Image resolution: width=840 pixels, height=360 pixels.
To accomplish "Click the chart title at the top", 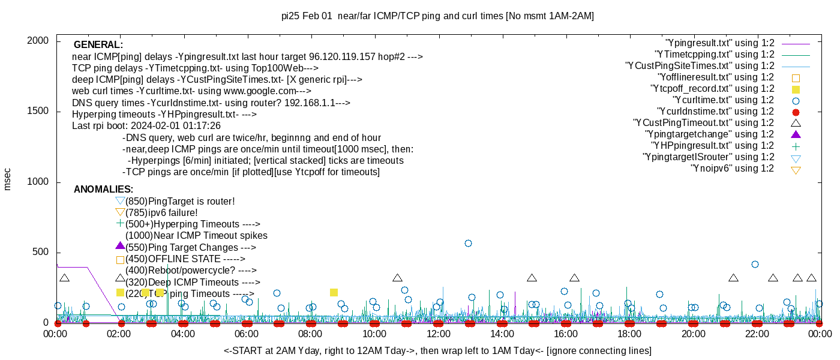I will [x=437, y=16].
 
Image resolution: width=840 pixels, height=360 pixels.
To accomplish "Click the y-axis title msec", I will [x=8, y=178].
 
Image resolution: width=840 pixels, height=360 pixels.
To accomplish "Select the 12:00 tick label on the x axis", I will [x=438, y=333].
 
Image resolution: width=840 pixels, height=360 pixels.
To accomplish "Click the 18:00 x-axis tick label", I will [x=629, y=333].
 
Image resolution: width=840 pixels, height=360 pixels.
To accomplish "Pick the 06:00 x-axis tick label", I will [x=247, y=333].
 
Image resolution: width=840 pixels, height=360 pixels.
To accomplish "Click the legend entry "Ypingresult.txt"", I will [x=720, y=43].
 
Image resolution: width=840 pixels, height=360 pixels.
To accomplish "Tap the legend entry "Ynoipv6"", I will [x=732, y=169].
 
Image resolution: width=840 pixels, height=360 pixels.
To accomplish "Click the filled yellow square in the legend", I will [x=796, y=89].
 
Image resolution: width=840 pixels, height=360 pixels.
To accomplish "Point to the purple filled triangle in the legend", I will [x=796, y=134].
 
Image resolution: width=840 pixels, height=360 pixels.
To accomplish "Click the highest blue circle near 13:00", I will [x=468, y=243].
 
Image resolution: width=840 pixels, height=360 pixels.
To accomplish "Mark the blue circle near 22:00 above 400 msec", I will [x=755, y=264].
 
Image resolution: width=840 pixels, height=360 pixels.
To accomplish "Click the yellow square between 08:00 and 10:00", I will [x=334, y=292].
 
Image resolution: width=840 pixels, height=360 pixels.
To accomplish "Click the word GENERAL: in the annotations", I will [x=98, y=45].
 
